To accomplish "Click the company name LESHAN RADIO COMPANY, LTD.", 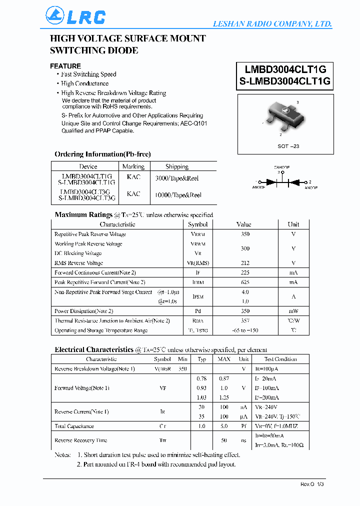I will point(272,24).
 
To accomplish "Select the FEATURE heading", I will point(65,66).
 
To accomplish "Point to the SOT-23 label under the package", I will point(288,146).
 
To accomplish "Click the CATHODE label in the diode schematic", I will point(281,167).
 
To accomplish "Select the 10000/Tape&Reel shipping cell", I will point(178,195).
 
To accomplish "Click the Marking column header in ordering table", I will point(133,166).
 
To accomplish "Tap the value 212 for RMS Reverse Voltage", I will point(245,263).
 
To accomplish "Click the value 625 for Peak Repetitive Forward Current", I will point(245,282).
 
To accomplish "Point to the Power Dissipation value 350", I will point(245,311).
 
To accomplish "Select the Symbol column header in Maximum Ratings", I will point(197,224).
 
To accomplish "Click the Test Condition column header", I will point(280,359).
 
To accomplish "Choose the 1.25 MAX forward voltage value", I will point(223,397).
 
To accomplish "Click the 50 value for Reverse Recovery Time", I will point(223,440).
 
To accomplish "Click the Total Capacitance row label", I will point(74,426).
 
